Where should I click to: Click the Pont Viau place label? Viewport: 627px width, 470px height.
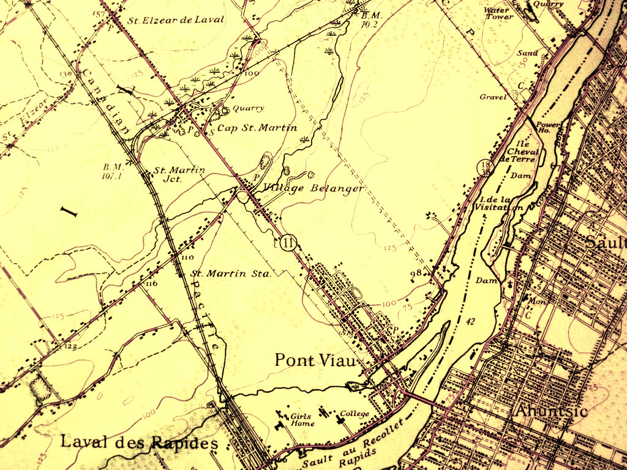[x=315, y=360]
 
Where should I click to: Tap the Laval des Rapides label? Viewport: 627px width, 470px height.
[x=138, y=442]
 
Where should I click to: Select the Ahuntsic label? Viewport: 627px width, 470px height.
[x=552, y=411]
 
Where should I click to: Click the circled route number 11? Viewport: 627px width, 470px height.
[x=288, y=243]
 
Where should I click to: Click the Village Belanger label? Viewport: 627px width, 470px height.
[x=313, y=188]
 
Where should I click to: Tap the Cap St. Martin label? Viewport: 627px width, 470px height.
[x=257, y=128]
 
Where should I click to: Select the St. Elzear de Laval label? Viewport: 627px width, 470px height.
[x=176, y=20]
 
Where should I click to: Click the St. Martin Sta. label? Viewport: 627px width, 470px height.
[x=231, y=274]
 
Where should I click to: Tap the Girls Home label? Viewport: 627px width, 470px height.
[x=302, y=420]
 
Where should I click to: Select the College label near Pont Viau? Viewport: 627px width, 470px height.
[x=355, y=414]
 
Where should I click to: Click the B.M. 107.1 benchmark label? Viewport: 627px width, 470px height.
[x=114, y=171]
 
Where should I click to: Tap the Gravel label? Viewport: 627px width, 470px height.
[x=493, y=97]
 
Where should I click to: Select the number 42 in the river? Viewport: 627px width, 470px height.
[x=470, y=321]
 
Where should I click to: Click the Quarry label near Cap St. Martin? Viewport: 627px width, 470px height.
[x=248, y=108]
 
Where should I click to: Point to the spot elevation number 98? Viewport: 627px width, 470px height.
[x=417, y=272]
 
